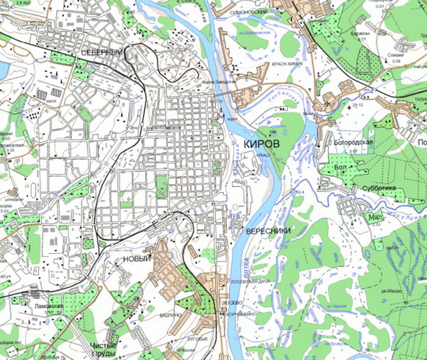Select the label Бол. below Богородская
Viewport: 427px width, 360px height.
click(x=342, y=168)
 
